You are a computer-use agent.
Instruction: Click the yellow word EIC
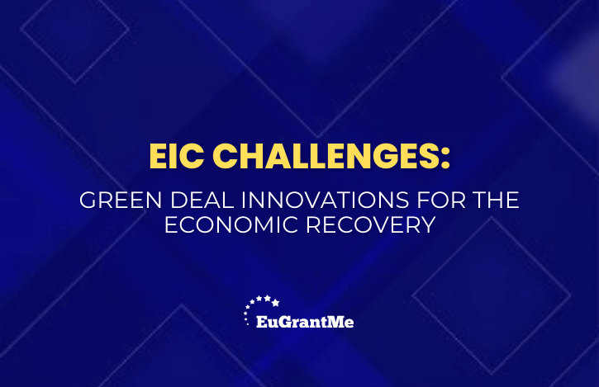pos(176,156)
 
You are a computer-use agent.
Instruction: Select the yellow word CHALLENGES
pos(325,156)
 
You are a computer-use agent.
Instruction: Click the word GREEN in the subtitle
pos(121,200)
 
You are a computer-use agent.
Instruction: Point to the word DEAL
pos(202,200)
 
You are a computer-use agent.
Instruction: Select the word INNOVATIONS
pos(325,200)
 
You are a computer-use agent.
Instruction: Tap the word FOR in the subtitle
pos(441,200)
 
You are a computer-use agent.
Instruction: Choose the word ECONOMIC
pos(231,224)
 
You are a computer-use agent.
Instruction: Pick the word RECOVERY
pos(371,224)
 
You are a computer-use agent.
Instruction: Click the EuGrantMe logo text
pos(305,322)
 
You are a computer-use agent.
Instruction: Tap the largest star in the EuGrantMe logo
pos(275,303)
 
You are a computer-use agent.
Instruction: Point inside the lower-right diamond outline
pos(492,295)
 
